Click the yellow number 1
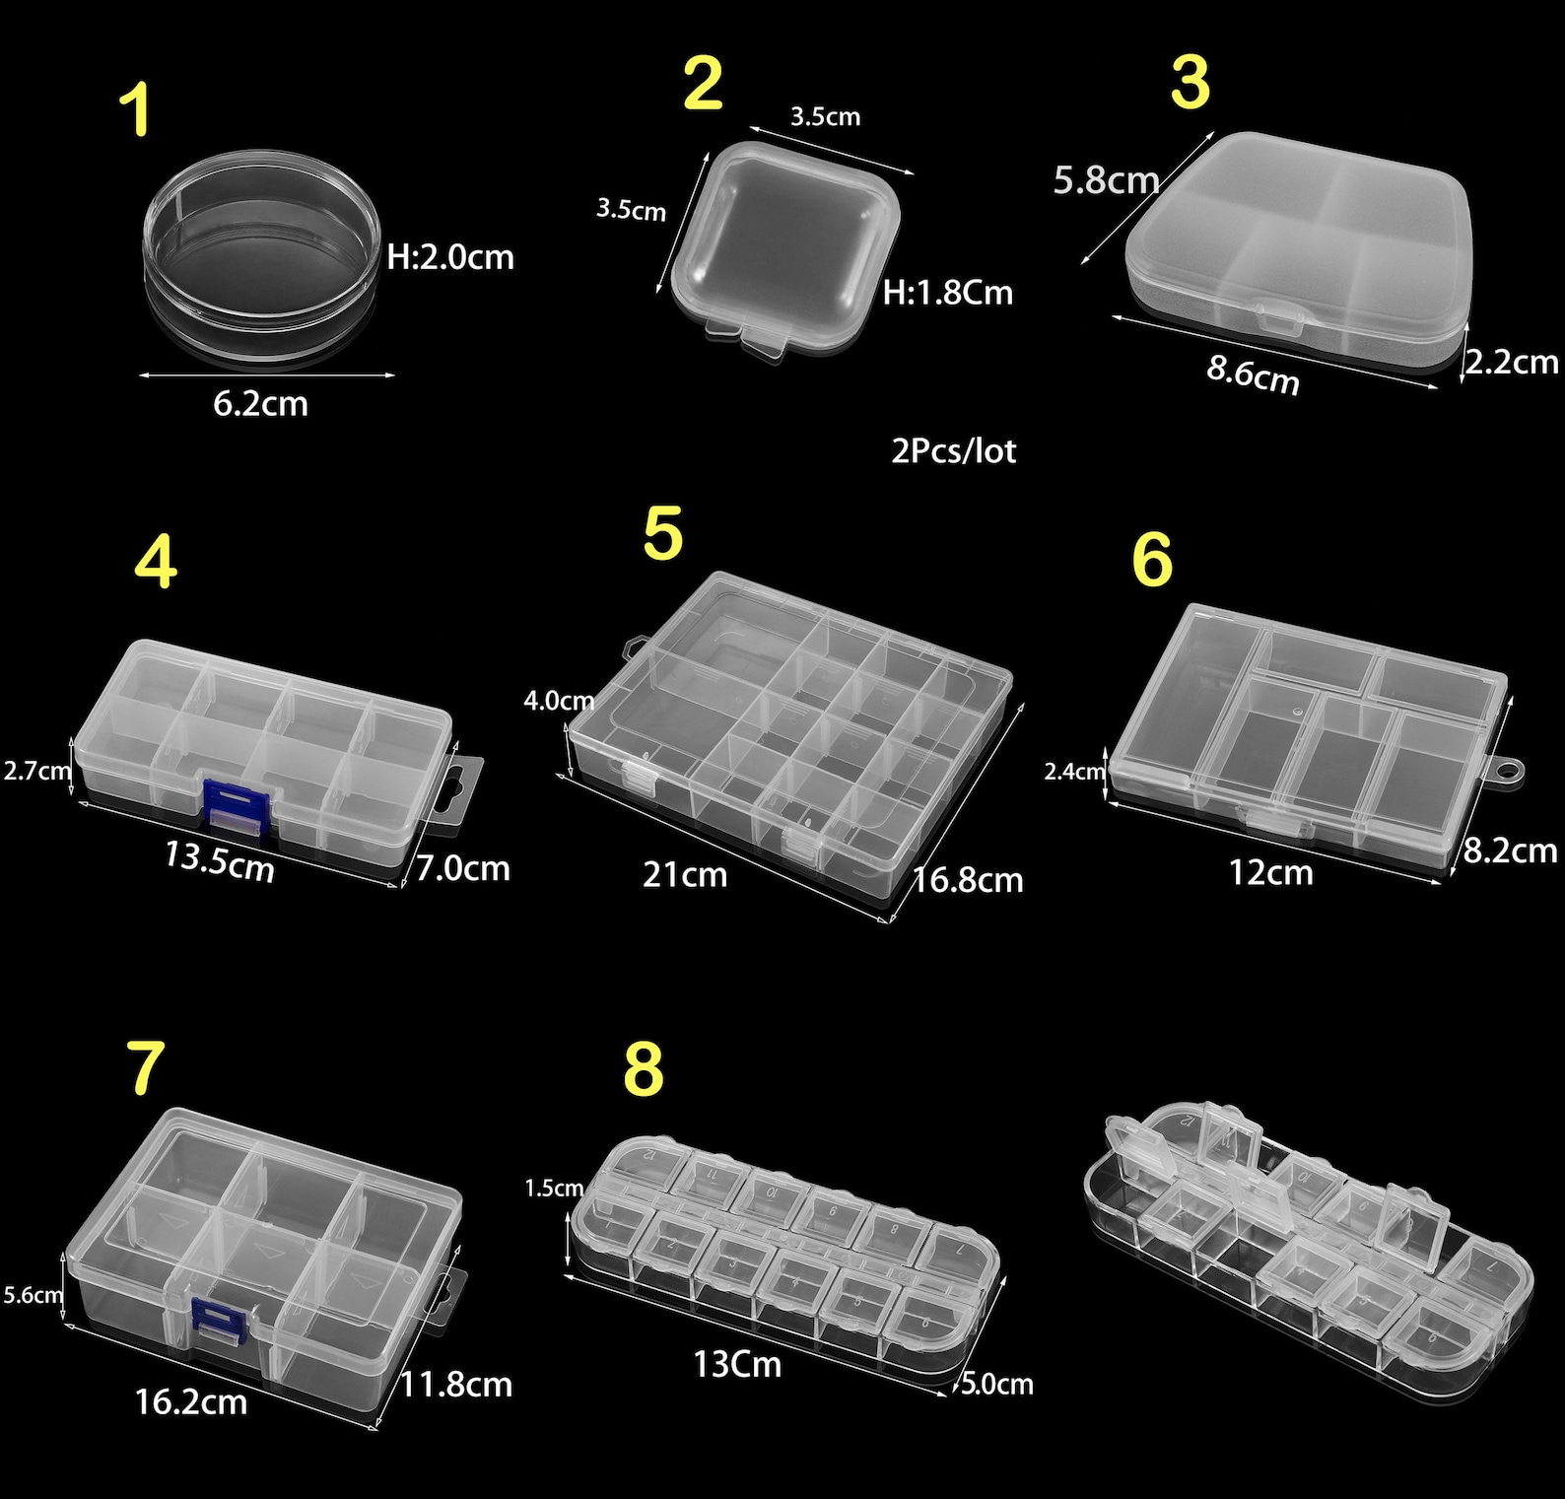coord(135,110)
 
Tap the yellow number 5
coord(662,534)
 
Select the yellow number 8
coord(644,1068)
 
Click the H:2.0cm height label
coord(450,257)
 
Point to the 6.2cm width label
coord(260,403)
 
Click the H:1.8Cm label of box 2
coord(947,293)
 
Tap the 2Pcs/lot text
coord(953,450)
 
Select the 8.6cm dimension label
coord(1253,375)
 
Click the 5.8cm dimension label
coord(1106,180)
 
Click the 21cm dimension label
coord(685,874)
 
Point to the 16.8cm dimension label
coord(968,880)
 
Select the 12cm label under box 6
coord(1270,872)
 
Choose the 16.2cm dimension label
coord(190,1401)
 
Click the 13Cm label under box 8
coord(737,1364)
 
